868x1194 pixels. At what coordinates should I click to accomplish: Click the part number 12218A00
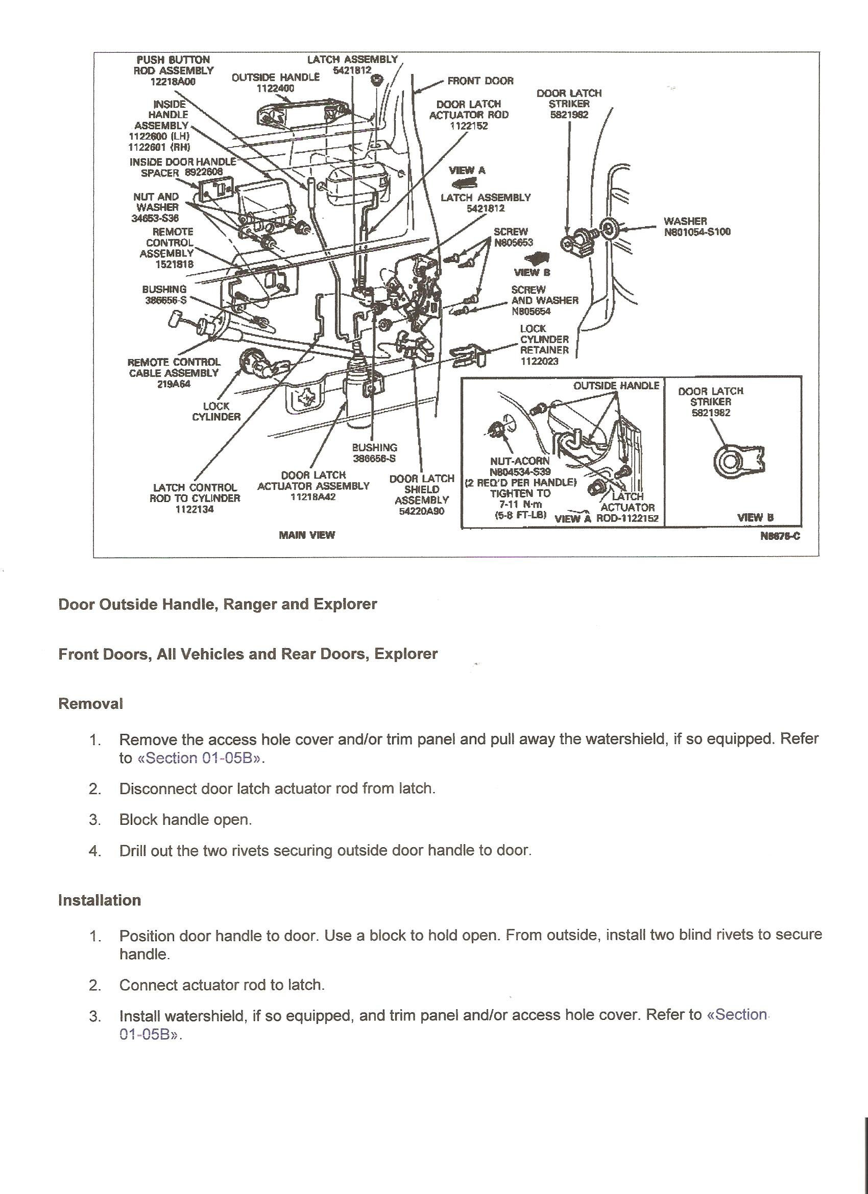[x=173, y=82]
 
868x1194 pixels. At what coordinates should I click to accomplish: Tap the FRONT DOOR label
[x=480, y=81]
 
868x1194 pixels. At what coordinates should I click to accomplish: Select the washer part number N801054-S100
[x=697, y=232]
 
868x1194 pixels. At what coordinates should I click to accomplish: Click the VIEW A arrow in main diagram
[x=464, y=183]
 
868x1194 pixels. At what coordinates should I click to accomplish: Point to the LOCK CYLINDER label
[x=216, y=411]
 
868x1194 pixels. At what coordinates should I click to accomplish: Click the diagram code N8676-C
[x=780, y=536]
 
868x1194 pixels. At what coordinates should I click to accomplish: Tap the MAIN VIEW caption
[x=306, y=535]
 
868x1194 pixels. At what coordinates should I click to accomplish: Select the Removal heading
[x=90, y=704]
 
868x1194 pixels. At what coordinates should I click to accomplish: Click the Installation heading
[x=100, y=900]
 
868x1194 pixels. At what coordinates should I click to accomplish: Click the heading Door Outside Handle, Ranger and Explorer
[x=218, y=604]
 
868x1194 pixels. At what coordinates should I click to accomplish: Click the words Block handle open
[x=185, y=820]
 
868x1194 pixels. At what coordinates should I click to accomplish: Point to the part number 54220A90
[x=421, y=511]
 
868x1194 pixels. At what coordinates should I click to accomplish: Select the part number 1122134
[x=194, y=509]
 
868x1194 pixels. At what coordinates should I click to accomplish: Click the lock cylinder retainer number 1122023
[x=539, y=361]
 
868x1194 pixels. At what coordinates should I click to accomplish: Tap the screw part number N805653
[x=513, y=243]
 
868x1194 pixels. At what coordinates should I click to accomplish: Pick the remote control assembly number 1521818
[x=174, y=264]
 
